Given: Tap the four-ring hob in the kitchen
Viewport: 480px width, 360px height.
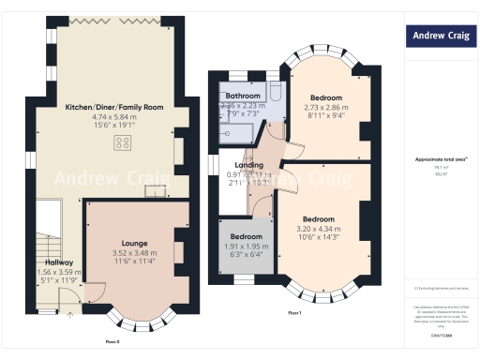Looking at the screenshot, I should point(122,142).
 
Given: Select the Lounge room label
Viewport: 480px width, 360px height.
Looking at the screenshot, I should point(135,243).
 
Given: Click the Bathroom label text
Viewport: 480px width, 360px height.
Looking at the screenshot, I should point(243,96).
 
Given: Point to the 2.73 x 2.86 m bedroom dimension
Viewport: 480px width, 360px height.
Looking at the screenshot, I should point(326,107).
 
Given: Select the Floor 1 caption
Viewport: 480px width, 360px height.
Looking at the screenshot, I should point(293,311).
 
